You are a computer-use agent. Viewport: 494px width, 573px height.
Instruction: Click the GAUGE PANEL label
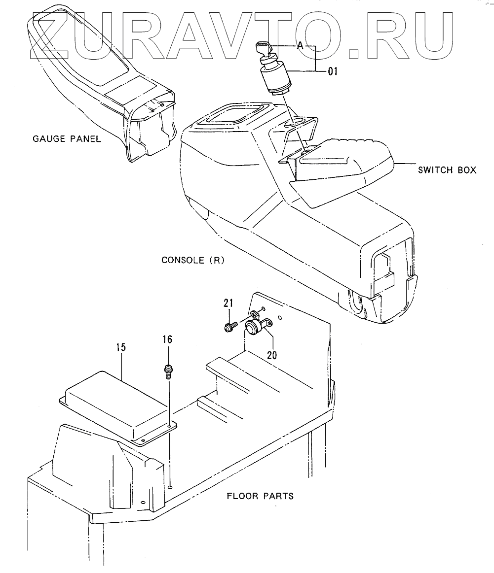(67, 138)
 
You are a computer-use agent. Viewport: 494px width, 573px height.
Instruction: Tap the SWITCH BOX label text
(447, 170)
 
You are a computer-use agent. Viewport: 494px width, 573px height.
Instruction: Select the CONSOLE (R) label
(193, 260)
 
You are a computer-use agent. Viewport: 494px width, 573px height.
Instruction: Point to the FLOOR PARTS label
(260, 496)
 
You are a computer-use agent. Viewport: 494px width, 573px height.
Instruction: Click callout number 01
(333, 71)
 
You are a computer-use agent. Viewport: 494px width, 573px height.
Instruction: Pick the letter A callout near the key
(300, 46)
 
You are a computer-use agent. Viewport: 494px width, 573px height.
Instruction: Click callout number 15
(121, 347)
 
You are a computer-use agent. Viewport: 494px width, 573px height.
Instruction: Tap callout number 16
(168, 339)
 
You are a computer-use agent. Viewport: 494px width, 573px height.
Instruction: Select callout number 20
(272, 354)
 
